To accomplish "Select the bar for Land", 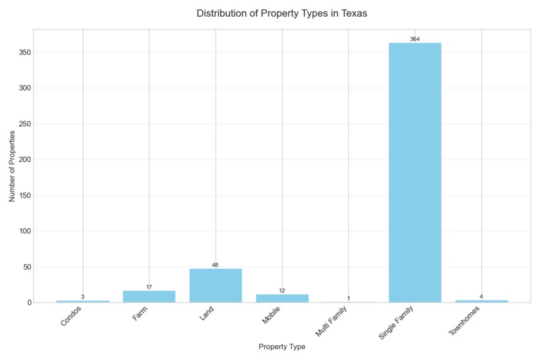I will pos(216,286).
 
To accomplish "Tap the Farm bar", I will pos(149,296).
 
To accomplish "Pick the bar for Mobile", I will pos(282,298).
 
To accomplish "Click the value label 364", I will pos(415,40).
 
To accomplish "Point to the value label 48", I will pos(216,265).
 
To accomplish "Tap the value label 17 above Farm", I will pos(149,287).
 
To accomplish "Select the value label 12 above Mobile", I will pos(282,291).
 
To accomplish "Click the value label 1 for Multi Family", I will pos(348,298).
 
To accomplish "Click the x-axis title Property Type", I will pos(281,347).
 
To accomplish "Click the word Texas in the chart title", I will pos(353,13).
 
